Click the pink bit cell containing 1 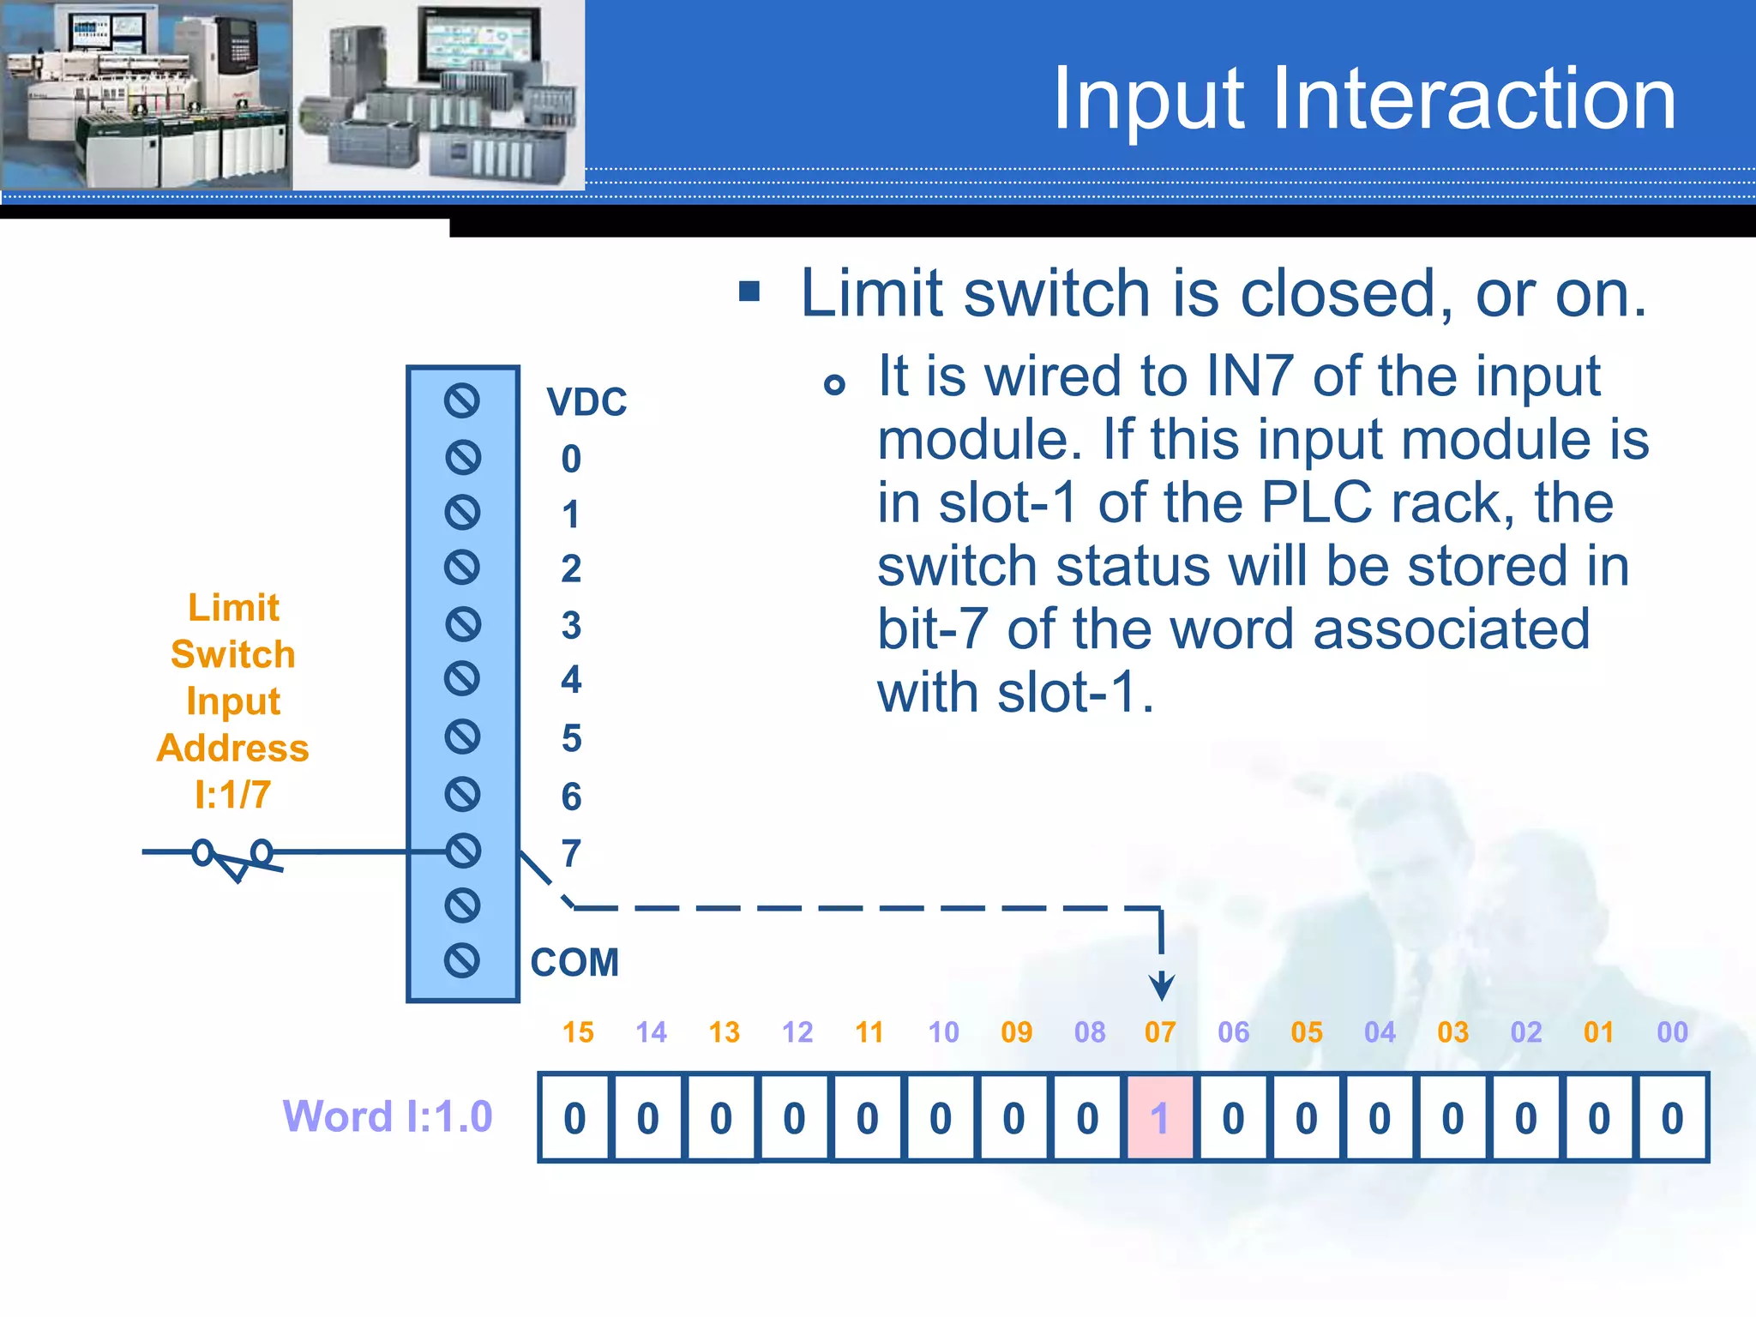click(x=1159, y=1118)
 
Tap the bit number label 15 click(x=578, y=1032)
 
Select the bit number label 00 click(x=1672, y=1032)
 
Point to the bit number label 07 click(x=1160, y=1032)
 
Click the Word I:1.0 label click(x=388, y=1116)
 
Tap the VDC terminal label click(x=587, y=402)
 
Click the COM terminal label click(x=574, y=962)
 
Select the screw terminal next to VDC click(x=462, y=400)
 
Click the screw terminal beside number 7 click(x=463, y=851)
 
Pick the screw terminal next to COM click(x=462, y=960)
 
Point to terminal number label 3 click(x=571, y=625)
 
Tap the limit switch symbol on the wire click(x=233, y=859)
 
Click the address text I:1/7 click(x=232, y=795)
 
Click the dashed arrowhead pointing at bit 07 click(x=1161, y=986)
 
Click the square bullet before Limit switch click(x=749, y=292)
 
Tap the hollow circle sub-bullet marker click(x=834, y=384)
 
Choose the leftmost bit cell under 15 click(x=574, y=1118)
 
